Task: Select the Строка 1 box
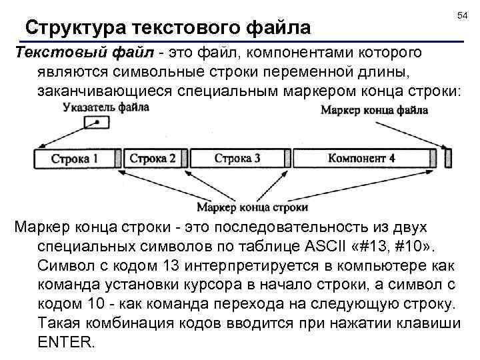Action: click(75, 159)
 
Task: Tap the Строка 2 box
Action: click(153, 159)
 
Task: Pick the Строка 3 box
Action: click(237, 159)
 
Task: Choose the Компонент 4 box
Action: click(361, 159)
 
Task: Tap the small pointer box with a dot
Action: click(97, 123)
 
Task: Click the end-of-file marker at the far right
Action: click(448, 159)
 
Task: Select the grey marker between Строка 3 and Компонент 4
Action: click(287, 159)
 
